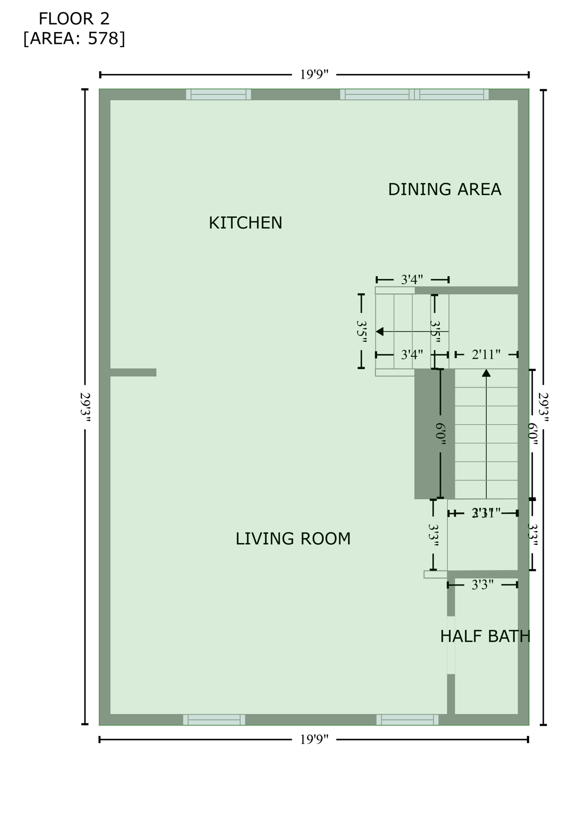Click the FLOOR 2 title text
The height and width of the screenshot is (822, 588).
(x=74, y=19)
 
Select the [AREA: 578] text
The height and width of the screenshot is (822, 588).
(x=74, y=39)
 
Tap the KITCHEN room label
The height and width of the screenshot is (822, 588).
(x=245, y=223)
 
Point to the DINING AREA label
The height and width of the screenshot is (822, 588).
(x=444, y=189)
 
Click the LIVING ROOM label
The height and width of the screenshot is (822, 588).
(x=293, y=538)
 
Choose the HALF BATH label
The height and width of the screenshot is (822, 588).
(x=485, y=636)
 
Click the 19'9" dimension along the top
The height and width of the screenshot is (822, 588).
(x=314, y=74)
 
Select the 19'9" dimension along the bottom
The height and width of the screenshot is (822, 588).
(x=314, y=740)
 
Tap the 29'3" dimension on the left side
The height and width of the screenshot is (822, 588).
(x=85, y=407)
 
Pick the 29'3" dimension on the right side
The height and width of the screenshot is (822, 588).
(x=544, y=407)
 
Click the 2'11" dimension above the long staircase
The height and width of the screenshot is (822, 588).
(x=486, y=354)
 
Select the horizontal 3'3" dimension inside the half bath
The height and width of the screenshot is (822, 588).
(x=482, y=585)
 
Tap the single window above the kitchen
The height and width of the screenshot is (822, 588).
(x=218, y=94)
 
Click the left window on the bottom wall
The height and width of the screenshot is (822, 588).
(x=214, y=720)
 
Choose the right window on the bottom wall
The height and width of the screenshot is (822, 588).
(x=407, y=720)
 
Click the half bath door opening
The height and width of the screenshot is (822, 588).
(x=451, y=645)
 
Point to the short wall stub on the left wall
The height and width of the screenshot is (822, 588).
(x=133, y=372)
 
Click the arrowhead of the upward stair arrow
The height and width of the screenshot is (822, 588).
(x=486, y=372)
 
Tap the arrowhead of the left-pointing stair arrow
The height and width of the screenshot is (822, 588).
(x=380, y=332)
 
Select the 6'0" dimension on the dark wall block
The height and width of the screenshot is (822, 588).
(x=440, y=433)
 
